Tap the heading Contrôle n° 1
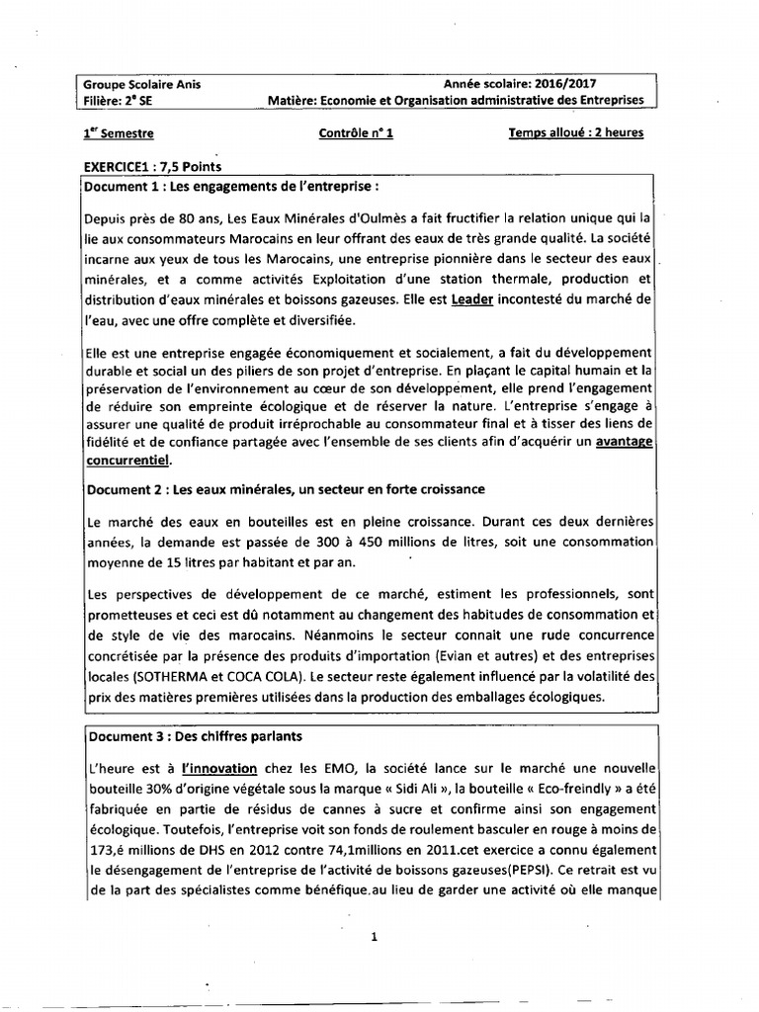(356, 133)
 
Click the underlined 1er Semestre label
(119, 133)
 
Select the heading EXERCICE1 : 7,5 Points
(152, 166)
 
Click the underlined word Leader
(472, 298)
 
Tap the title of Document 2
(285, 489)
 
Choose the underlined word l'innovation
(218, 768)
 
